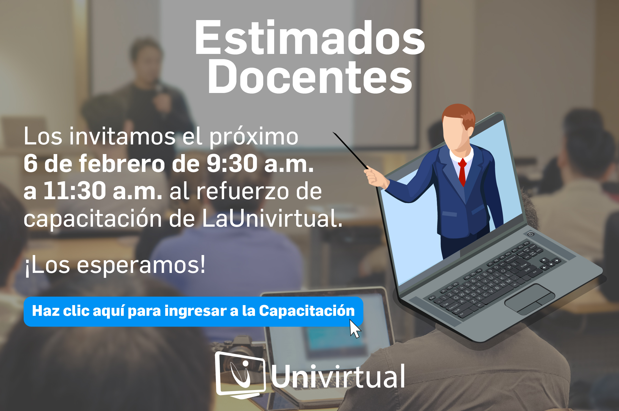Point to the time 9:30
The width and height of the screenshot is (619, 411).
[x=232, y=164]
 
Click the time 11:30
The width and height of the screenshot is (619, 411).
[x=75, y=190]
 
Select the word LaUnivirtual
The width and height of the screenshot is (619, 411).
[x=272, y=218]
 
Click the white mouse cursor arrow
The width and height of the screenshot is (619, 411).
[x=355, y=328]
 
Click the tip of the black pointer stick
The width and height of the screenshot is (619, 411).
[x=333, y=132]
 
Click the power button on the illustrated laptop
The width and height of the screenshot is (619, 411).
[x=531, y=234]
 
